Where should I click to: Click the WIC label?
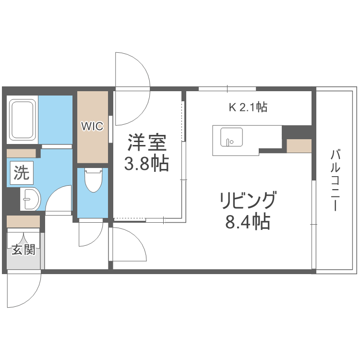click(92, 126)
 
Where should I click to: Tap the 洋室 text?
click(146, 143)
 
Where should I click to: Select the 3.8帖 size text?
click(146, 164)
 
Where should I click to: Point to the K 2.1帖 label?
click(247, 107)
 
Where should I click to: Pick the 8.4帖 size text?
click(248, 222)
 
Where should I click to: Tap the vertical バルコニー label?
click(336, 180)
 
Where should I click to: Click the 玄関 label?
click(24, 250)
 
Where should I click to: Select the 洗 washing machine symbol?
click(21, 173)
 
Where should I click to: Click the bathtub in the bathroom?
click(22, 120)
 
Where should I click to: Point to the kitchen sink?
click(231, 137)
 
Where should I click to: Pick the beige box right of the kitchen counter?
click(299, 145)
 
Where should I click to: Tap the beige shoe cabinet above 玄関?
click(23, 221)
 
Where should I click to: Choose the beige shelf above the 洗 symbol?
click(21, 153)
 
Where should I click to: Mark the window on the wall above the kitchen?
click(227, 88)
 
